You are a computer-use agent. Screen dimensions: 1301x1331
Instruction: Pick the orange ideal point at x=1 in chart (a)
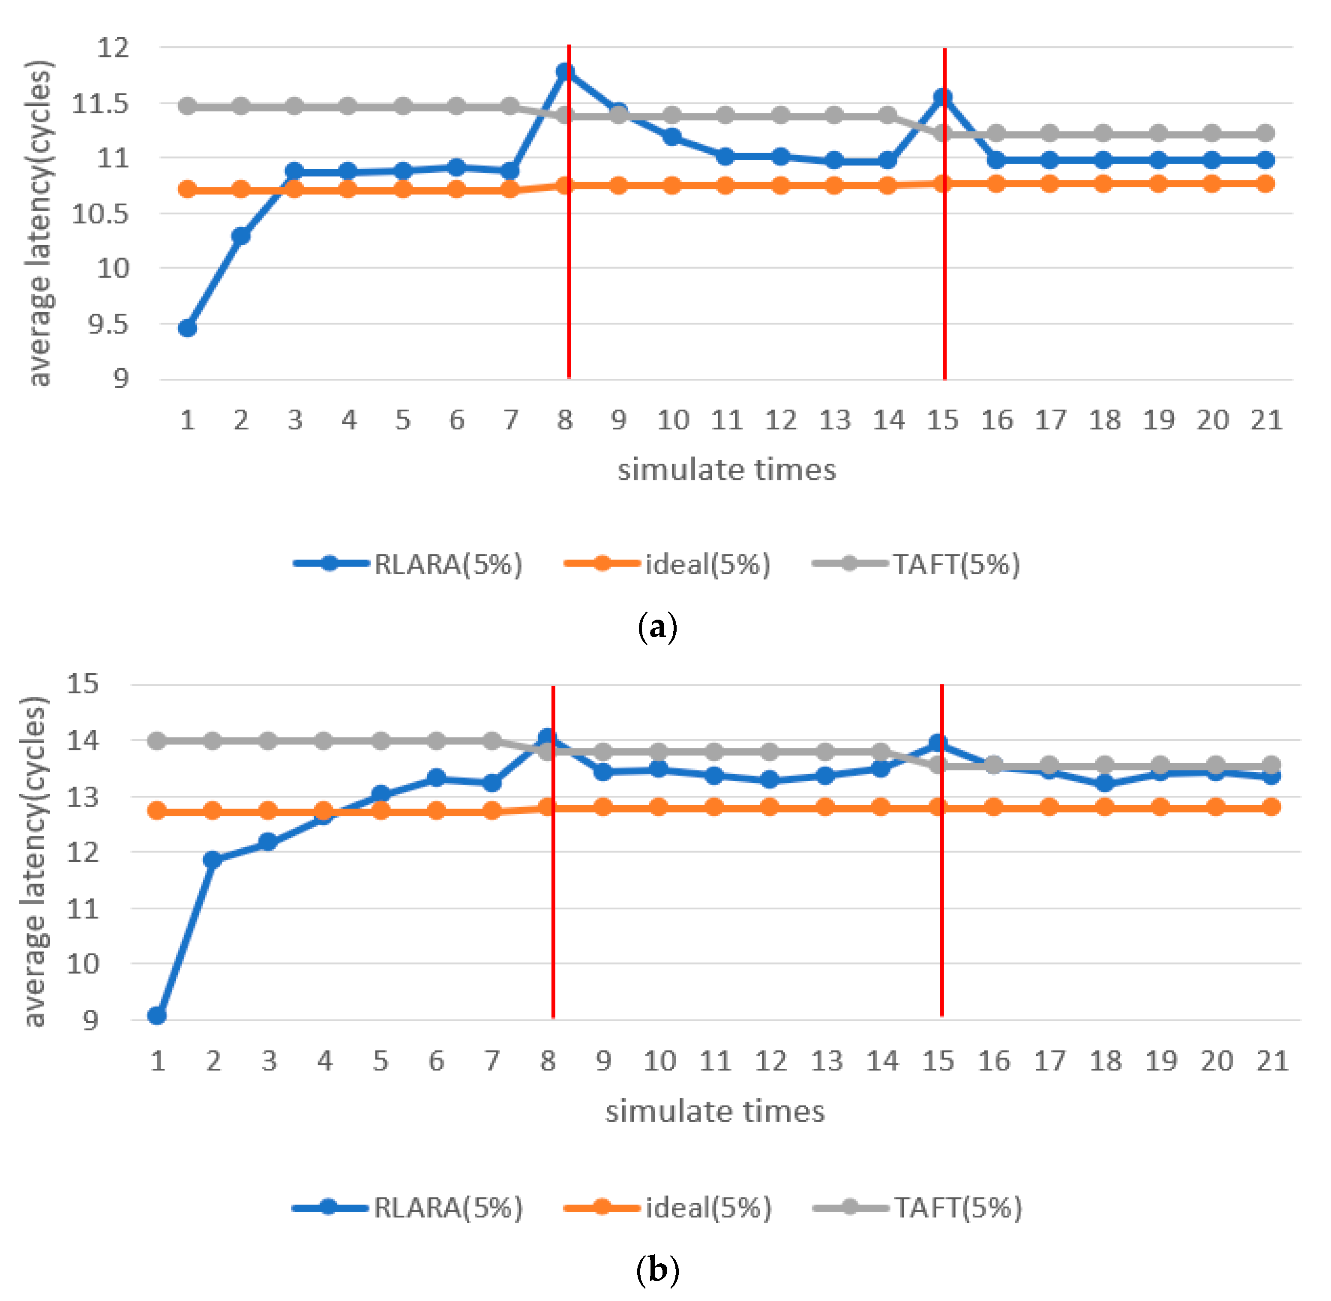click(187, 190)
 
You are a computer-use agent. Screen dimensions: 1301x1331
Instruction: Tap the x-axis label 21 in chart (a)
click(1266, 420)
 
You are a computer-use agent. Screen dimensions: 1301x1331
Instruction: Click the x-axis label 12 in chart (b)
click(771, 1061)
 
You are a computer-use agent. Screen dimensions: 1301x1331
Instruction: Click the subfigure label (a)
click(657, 627)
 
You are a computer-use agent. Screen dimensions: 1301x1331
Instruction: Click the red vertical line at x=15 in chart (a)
click(944, 273)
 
